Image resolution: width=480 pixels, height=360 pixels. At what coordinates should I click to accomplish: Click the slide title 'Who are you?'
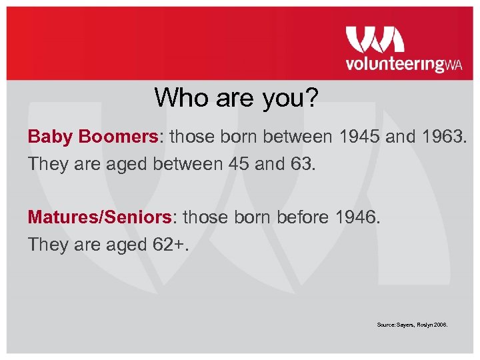coord(237,98)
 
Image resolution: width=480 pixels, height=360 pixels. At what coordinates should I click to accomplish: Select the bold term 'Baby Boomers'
coord(92,137)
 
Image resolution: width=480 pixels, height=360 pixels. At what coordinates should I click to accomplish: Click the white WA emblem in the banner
coord(375,39)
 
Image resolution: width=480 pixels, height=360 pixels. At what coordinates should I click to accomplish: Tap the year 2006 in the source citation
coord(440,325)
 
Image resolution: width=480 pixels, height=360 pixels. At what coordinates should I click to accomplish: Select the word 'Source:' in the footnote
coord(386,325)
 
